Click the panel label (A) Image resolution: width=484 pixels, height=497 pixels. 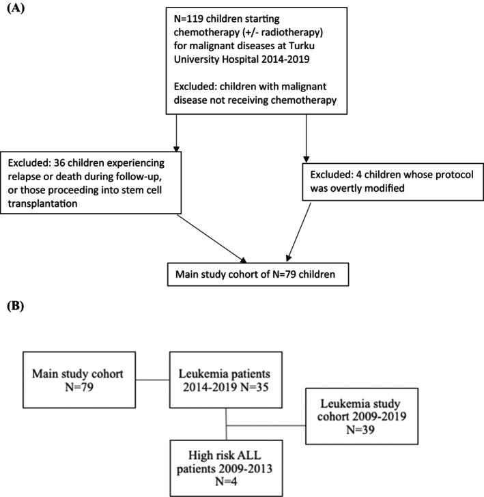pos(16,9)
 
